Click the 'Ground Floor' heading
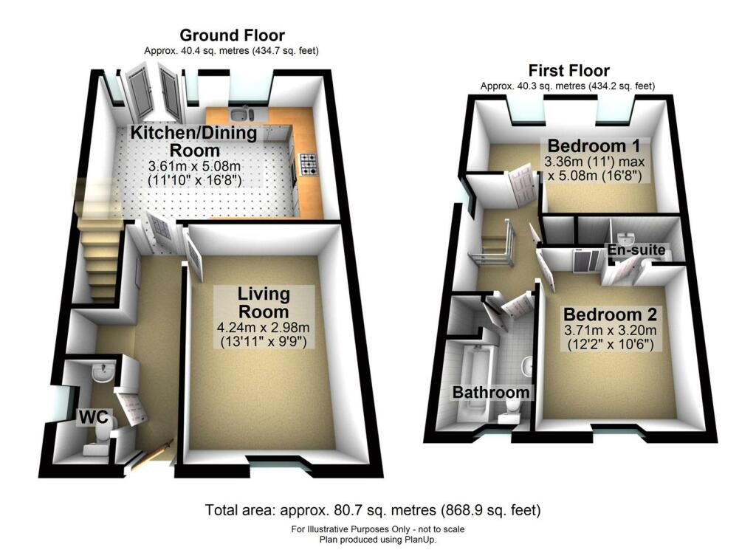tap(232, 35)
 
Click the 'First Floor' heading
tap(568, 71)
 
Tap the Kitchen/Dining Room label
tap(193, 142)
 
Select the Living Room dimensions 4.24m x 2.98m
tap(264, 326)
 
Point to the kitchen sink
tap(241, 114)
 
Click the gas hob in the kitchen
tap(306, 163)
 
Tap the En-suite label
tap(636, 251)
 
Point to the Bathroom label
tap(491, 392)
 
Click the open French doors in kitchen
tap(154, 91)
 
